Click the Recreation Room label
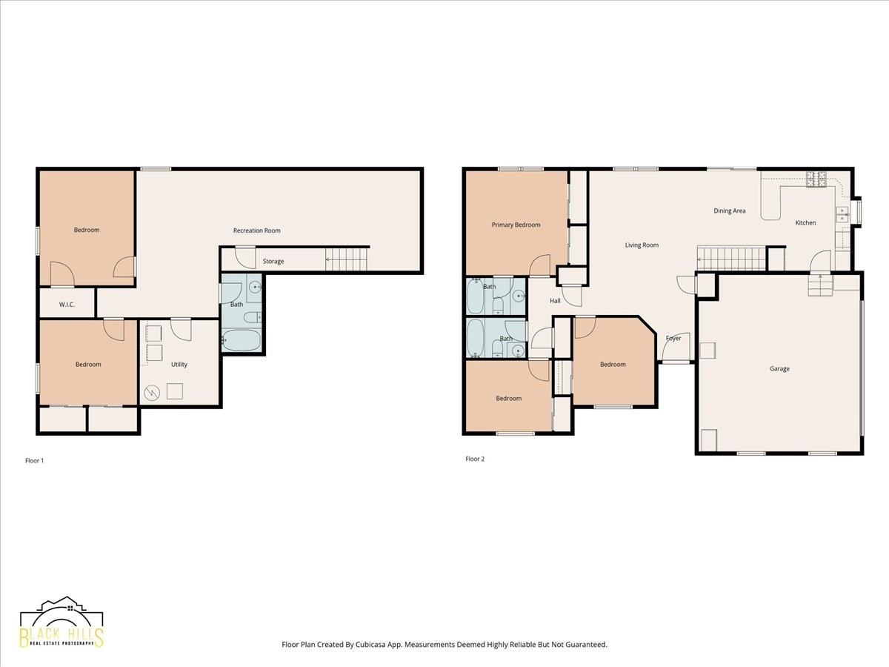click(x=257, y=230)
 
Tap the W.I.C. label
click(x=67, y=305)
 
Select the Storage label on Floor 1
click(x=273, y=261)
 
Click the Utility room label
click(x=179, y=365)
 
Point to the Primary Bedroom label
click(x=516, y=225)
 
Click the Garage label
click(x=779, y=368)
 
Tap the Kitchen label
click(x=805, y=223)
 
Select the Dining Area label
click(x=730, y=210)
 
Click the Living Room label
click(x=642, y=245)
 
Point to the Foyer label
click(x=673, y=338)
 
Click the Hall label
click(x=556, y=300)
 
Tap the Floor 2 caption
click(x=475, y=459)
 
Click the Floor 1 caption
click(x=34, y=460)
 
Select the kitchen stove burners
click(x=816, y=179)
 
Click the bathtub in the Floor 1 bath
click(x=241, y=339)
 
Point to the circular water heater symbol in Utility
click(x=152, y=392)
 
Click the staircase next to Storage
click(x=347, y=259)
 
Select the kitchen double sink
click(x=842, y=215)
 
